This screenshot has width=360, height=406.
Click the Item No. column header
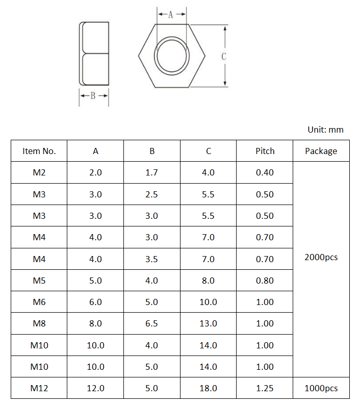(39, 151)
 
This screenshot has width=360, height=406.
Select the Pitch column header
(265, 151)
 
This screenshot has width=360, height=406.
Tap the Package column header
(321, 151)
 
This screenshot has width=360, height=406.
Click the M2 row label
(39, 172)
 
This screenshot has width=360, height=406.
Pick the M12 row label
(39, 388)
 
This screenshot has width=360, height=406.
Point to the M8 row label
(39, 323)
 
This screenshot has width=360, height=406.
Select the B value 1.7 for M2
(151, 172)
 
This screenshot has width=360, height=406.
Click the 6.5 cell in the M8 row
(151, 323)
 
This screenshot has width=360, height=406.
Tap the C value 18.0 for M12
(208, 388)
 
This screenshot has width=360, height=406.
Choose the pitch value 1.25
(265, 388)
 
